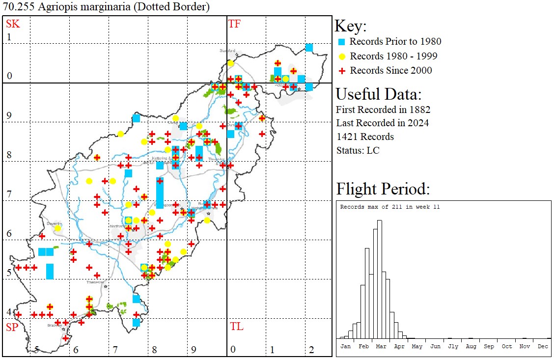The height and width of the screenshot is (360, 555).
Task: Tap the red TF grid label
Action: (234, 24)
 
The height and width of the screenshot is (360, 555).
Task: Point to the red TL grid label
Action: (236, 327)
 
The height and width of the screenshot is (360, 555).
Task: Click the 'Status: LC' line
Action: (358, 150)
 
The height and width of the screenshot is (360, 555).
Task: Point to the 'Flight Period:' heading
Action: (383, 189)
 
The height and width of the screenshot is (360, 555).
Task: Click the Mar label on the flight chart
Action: (381, 346)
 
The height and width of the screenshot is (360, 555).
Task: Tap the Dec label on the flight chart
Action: (542, 346)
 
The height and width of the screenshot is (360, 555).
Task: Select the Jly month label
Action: (452, 346)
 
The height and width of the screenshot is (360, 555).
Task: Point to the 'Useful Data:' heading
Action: (378, 94)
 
